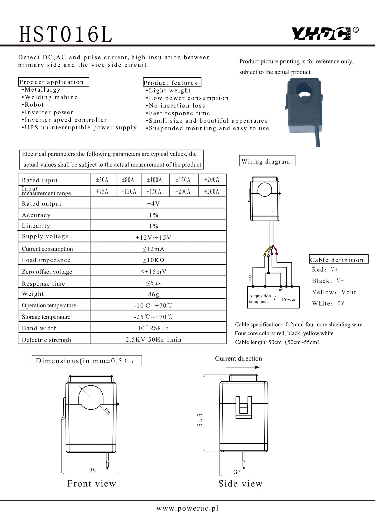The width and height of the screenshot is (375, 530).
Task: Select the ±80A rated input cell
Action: (x=129, y=180)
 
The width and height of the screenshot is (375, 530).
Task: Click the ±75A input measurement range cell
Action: (x=102, y=192)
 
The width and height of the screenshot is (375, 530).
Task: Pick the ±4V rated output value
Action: (x=154, y=204)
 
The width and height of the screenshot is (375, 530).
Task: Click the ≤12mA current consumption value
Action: (x=153, y=249)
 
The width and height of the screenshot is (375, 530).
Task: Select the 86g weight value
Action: (x=154, y=294)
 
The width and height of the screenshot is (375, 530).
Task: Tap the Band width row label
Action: (x=39, y=328)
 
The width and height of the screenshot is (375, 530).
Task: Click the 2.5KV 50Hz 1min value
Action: (x=153, y=340)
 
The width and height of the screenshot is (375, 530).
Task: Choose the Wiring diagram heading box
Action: (x=267, y=161)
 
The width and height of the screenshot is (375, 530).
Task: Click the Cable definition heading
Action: (x=339, y=260)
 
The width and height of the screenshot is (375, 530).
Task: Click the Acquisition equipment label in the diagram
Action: (x=260, y=299)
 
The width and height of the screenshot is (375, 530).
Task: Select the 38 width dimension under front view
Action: (x=93, y=470)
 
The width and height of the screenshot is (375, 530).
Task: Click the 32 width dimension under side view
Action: (x=237, y=472)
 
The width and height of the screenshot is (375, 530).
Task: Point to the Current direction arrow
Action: (x=243, y=367)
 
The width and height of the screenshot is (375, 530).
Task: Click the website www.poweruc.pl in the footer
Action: (x=187, y=508)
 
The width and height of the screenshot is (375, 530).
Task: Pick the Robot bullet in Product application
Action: (x=34, y=105)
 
